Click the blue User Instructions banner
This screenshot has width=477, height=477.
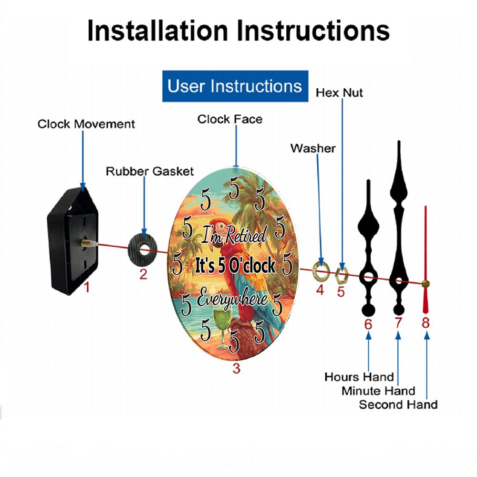coord(235,86)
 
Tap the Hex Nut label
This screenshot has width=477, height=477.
coord(339,93)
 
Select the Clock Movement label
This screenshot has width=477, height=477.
coord(86,124)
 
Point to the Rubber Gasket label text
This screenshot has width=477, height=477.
coord(150,171)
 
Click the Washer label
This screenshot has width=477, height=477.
coord(313,148)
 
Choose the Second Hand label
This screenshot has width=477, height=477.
coord(398,404)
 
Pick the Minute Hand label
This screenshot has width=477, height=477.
coord(378,391)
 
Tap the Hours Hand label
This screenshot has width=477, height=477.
coord(359,377)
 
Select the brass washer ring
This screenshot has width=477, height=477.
coord(321,270)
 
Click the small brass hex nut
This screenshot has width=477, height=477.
coord(342,275)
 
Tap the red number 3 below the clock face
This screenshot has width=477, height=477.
coord(237,368)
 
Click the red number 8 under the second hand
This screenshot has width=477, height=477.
coord(425,323)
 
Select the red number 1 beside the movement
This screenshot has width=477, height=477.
coord(87,287)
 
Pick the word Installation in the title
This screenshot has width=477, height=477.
coord(157,31)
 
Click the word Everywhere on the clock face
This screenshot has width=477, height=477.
coord(233,298)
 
